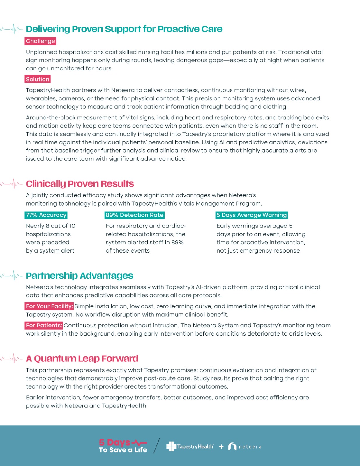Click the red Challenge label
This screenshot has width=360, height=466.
click(x=40, y=41)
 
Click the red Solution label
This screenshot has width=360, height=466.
click(x=38, y=79)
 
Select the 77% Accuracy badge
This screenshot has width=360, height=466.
click(x=46, y=215)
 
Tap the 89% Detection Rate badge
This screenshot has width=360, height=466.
click(x=135, y=215)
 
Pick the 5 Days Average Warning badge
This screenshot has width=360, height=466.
click(x=252, y=215)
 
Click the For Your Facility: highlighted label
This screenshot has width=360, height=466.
click(x=49, y=306)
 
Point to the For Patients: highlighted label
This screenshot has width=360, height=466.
click(x=44, y=325)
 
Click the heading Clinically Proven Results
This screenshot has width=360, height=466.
click(x=80, y=184)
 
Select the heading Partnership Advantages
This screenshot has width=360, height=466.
click(x=80, y=276)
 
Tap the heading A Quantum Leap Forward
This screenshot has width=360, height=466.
click(x=82, y=359)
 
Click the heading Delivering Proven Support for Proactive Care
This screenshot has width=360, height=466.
click(x=124, y=29)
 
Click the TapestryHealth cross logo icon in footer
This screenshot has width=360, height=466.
click(x=171, y=446)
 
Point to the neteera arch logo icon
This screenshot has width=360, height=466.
click(x=232, y=446)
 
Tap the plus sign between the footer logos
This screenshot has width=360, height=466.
click(x=221, y=446)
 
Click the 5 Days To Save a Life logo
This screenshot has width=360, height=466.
click(x=123, y=446)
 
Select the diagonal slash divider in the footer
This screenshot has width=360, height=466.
click(x=157, y=446)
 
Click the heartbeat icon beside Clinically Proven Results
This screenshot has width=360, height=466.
click(x=12, y=184)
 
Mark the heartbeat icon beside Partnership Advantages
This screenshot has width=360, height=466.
click(x=12, y=276)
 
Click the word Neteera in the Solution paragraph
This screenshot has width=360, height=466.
click(x=122, y=90)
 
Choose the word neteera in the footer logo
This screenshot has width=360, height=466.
click(x=250, y=447)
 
